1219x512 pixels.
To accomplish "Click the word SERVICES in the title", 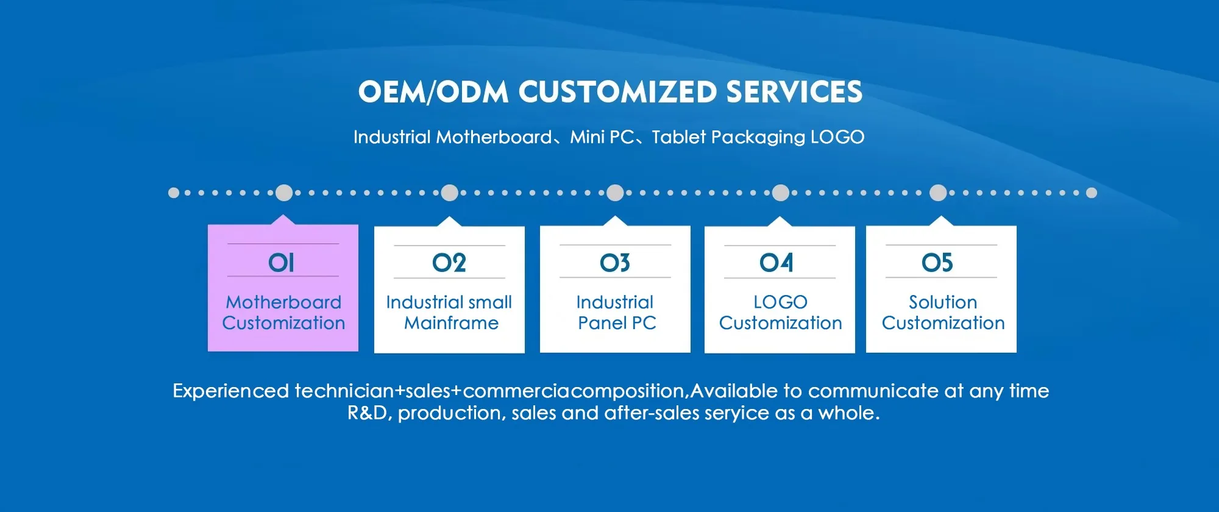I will point(794,93).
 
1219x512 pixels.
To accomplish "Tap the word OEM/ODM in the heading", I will point(433,93).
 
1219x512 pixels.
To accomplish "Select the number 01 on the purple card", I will point(282,263).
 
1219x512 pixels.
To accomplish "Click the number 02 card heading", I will point(449,263).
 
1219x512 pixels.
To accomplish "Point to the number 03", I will point(615,263).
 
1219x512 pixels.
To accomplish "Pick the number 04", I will point(777,263).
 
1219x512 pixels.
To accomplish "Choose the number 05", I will point(937,263).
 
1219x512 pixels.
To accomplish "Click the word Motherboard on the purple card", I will point(283,302).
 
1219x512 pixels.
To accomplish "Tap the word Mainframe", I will point(451,323).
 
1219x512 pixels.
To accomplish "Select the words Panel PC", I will point(617,323).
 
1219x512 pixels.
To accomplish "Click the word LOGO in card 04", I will point(780,302).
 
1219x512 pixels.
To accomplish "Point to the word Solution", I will point(943,302).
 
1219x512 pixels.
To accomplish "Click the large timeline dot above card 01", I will point(284,193).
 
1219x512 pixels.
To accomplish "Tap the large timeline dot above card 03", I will point(616,193).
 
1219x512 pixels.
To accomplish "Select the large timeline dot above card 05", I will point(938,193).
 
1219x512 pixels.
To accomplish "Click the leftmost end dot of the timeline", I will point(174,193).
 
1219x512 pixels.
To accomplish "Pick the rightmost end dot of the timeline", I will point(1092,193).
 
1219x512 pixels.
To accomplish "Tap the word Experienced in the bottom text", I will point(231,391).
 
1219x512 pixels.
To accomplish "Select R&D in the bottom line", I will point(368,413).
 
